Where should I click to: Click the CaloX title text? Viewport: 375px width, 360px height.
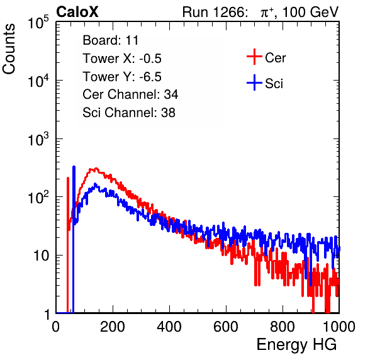tap(77, 12)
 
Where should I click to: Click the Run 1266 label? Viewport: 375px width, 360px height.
tap(215, 12)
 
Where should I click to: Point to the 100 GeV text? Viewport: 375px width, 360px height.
tap(310, 12)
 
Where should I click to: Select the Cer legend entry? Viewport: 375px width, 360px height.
tap(266, 57)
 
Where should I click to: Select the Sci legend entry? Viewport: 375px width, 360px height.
tap(265, 83)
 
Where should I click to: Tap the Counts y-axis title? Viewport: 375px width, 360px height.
tap(9, 49)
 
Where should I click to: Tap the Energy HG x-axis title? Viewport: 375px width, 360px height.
tap(296, 344)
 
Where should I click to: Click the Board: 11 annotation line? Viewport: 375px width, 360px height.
tap(111, 40)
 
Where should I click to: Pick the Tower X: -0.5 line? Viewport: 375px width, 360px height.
tap(122, 59)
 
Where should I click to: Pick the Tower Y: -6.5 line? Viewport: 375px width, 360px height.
tap(122, 77)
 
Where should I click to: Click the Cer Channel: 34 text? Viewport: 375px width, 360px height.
tap(130, 94)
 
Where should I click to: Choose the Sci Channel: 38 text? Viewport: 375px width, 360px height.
tap(129, 113)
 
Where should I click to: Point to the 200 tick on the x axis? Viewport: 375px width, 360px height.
tap(113, 327)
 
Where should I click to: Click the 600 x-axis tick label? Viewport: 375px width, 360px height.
tap(226, 327)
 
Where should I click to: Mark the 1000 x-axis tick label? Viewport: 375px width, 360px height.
tap(339, 327)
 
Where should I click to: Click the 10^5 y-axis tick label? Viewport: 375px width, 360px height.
tap(39, 23)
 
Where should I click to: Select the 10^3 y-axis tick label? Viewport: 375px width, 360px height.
tap(39, 139)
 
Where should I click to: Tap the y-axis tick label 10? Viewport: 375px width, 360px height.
tap(41, 256)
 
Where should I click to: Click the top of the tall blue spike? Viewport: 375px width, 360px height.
tap(74, 167)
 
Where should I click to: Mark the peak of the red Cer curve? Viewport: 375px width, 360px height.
tap(96, 169)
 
